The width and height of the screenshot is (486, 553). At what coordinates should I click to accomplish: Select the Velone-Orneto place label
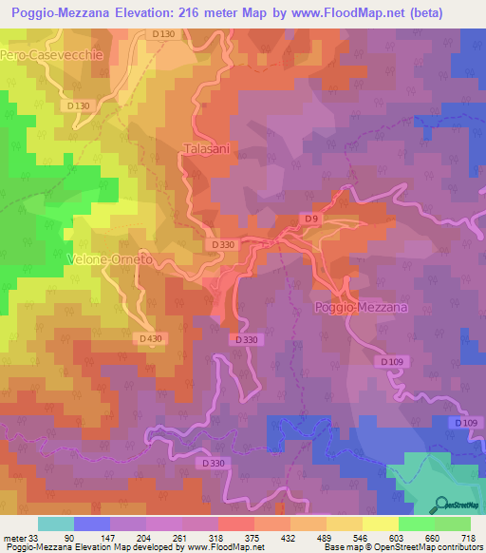pos(111,258)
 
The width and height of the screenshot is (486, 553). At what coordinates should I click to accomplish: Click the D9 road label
pos(309,220)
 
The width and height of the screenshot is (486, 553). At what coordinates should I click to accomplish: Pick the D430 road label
pos(149,338)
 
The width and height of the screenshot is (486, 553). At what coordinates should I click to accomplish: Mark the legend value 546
pos(357,537)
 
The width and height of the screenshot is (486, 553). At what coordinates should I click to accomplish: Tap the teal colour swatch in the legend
pos(56,524)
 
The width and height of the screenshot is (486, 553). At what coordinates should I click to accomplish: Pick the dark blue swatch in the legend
pos(92,524)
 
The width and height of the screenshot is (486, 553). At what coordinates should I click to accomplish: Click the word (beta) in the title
pos(456,12)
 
